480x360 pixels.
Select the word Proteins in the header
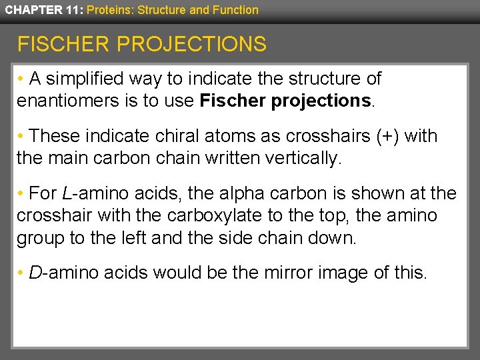click(x=107, y=10)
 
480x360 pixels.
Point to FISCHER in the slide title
click(x=63, y=45)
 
